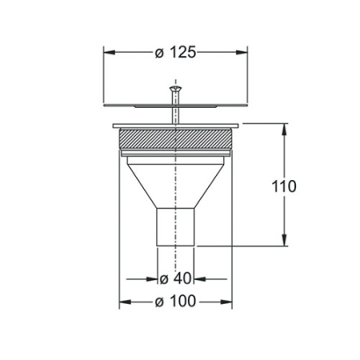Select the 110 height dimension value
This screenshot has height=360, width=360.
(x=283, y=186)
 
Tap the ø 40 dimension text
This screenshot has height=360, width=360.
(x=176, y=279)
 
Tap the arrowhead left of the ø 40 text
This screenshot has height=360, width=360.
(x=152, y=279)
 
